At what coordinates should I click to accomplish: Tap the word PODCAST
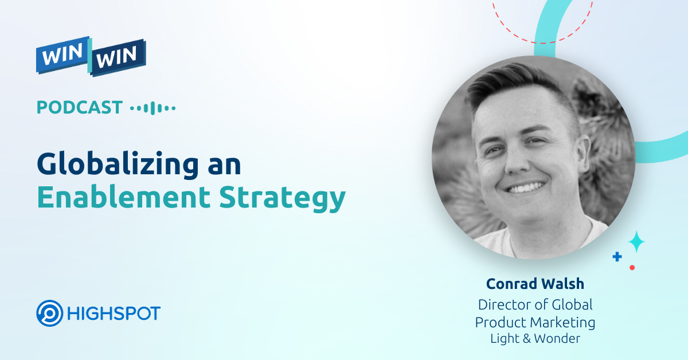80,107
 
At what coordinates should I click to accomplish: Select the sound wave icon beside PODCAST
153,108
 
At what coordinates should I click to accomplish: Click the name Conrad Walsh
534,284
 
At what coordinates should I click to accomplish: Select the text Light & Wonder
534,338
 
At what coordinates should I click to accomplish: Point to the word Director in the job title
503,304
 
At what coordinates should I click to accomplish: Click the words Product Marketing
534,322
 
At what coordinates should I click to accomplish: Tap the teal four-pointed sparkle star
636,242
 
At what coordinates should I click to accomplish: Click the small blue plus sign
617,257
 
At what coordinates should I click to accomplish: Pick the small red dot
632,267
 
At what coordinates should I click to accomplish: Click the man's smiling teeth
524,187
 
